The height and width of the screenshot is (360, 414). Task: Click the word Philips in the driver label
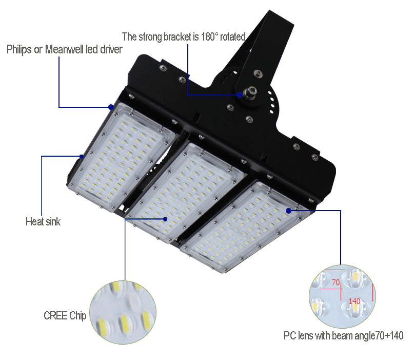pyautogui.click(x=19, y=49)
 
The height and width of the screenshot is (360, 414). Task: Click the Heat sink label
pyautogui.click(x=43, y=221)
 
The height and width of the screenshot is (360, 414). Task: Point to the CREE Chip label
pyautogui.click(x=65, y=316)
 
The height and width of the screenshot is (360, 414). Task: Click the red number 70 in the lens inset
pyautogui.click(x=336, y=282)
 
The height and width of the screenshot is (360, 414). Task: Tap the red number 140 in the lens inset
pyautogui.click(x=354, y=301)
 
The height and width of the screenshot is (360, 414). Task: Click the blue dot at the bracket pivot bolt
pyautogui.click(x=240, y=94)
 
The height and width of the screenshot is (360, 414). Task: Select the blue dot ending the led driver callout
pyautogui.click(x=111, y=107)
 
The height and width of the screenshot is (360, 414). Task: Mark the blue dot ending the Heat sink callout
pyautogui.click(x=82, y=156)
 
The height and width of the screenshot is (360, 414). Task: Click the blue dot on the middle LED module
pyautogui.click(x=165, y=219)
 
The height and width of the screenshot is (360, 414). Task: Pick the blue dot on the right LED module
pyautogui.click(x=289, y=211)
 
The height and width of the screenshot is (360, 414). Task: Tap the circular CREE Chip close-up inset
pyautogui.click(x=123, y=312)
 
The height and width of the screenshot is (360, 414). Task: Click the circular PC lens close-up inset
pyautogui.click(x=343, y=296)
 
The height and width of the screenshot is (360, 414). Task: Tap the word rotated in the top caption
pyautogui.click(x=232, y=37)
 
